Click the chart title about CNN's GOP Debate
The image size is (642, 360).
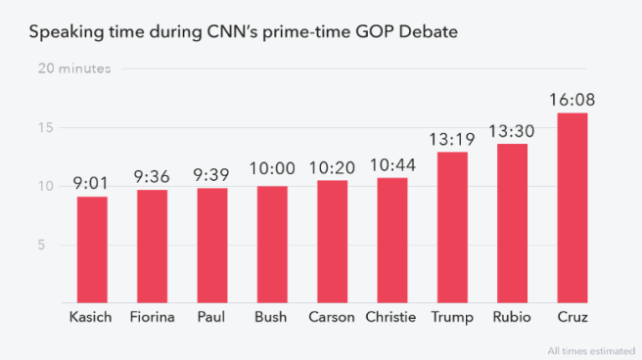(243, 32)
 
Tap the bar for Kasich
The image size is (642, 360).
(92, 249)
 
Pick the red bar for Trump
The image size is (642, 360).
(452, 227)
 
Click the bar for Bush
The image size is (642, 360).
(272, 245)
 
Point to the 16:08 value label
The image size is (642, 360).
(573, 100)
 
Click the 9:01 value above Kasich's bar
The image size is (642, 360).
(92, 184)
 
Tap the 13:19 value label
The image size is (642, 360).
(452, 139)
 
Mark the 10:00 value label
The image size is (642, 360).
(272, 172)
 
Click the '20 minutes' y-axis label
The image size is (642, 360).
(74, 68)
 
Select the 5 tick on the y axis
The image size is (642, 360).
(42, 245)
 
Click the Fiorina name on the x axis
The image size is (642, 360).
(152, 318)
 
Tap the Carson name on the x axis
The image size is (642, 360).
(332, 318)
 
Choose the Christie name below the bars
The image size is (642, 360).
(391, 318)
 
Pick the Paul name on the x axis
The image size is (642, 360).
(211, 318)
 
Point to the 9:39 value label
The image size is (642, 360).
(212, 175)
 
